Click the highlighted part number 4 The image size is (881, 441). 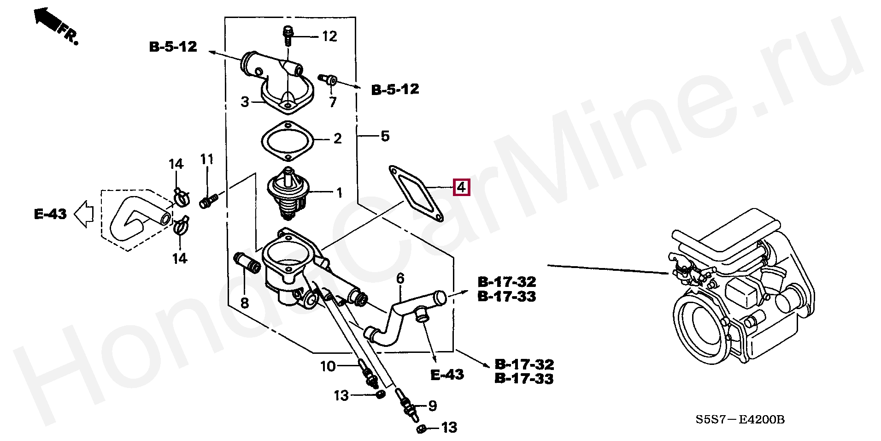[x=461, y=187]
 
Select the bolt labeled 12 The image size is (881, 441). [x=288, y=36]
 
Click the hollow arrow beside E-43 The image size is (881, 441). [x=84, y=214]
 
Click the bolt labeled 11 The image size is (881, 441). [x=208, y=201]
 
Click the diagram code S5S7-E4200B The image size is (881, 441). [x=740, y=419]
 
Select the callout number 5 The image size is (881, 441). [x=385, y=136]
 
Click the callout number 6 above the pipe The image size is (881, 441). [x=400, y=278]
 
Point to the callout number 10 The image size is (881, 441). [x=328, y=366]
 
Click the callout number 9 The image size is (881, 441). [x=432, y=405]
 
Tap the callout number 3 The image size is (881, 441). [x=245, y=101]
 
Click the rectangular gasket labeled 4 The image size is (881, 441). [x=416, y=193]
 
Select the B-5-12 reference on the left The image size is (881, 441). [x=173, y=47]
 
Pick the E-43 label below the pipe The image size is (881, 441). [x=447, y=375]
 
